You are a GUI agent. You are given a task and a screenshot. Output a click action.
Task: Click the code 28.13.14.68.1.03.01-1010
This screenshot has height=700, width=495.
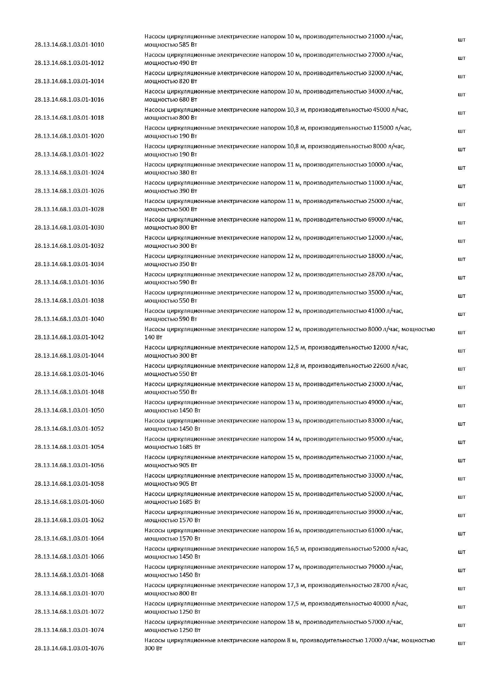click(x=69, y=45)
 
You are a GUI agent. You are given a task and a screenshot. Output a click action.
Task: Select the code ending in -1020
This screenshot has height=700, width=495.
click(x=69, y=136)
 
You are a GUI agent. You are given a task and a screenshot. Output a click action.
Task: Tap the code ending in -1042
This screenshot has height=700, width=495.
click(x=69, y=337)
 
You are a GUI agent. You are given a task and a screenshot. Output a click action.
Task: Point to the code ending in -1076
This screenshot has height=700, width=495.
click(x=69, y=648)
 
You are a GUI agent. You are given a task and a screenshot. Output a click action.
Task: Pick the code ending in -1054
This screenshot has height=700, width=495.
click(x=69, y=447)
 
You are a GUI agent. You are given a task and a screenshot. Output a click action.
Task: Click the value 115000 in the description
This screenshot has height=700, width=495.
click(x=383, y=128)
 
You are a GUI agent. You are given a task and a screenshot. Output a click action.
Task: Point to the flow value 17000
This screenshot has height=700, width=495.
click(x=373, y=640)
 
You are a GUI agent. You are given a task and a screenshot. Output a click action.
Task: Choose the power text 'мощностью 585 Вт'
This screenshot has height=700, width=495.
click(x=171, y=45)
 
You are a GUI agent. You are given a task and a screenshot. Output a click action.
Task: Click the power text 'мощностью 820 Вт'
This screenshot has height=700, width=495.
click(x=171, y=81)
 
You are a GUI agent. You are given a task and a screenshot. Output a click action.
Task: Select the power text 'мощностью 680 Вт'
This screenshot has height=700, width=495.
click(x=171, y=100)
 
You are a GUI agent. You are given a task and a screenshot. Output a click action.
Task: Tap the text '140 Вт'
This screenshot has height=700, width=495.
click(x=153, y=338)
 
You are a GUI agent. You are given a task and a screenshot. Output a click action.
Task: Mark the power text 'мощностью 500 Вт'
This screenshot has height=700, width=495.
click(x=171, y=209)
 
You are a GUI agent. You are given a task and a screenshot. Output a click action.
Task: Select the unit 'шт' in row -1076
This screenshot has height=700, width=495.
click(x=461, y=644)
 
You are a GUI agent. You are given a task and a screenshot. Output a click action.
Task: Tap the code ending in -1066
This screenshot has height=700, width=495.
click(x=69, y=557)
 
